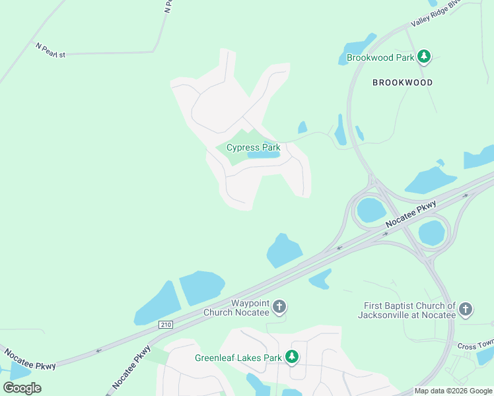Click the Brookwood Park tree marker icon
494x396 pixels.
coord(424,57)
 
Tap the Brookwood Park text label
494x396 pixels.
coord(380,58)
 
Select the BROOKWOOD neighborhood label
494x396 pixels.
coord(402,82)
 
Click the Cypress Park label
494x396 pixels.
coord(254,148)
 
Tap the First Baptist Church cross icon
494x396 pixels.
coord(466,310)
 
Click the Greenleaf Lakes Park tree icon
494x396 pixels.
coord(292,358)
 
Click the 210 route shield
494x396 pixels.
coord(165,323)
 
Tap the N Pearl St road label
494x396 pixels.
coord(51,50)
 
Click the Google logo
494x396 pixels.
coord(22,387)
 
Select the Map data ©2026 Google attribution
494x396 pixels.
coord(453,391)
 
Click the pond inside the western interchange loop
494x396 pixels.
coord(370,211)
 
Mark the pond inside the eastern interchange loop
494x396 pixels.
coord(432,232)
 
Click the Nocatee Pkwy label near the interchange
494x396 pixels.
coord(411,215)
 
